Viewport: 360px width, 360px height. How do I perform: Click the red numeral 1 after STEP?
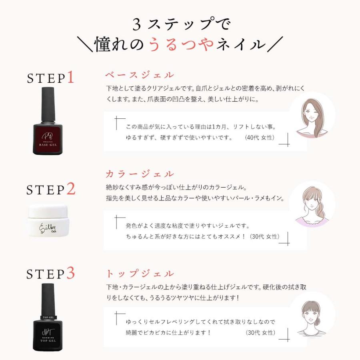click(x=70, y=77)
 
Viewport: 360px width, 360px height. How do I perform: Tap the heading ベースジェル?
click(x=140, y=75)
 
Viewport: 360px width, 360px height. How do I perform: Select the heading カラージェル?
click(x=140, y=174)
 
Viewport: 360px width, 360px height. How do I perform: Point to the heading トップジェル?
click(x=140, y=274)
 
